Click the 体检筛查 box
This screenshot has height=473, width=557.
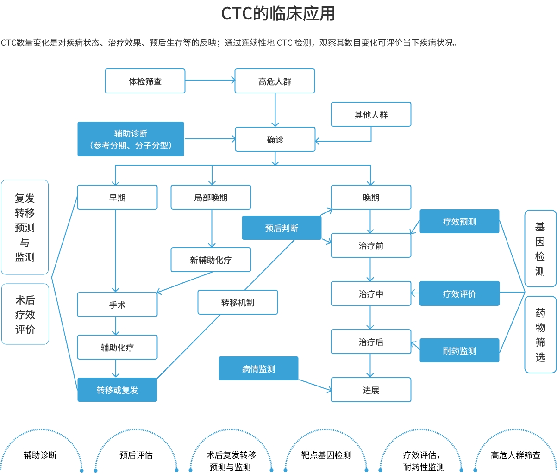point(145,81)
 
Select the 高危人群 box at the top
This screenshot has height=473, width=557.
point(275,81)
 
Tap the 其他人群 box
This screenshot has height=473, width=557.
point(371,115)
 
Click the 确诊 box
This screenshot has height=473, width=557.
point(275,140)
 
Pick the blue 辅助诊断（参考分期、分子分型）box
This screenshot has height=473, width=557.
point(131,139)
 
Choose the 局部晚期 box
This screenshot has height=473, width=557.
point(211,198)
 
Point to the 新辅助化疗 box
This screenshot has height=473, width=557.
point(211,260)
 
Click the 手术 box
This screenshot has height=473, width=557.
point(117,305)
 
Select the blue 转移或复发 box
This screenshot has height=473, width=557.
point(117,390)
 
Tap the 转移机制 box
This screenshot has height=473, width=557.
point(238,303)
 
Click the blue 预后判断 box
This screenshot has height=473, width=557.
point(282,228)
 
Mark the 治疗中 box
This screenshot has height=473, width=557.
point(371,294)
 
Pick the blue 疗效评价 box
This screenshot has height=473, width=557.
point(459,294)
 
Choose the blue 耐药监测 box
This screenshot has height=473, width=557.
point(459,351)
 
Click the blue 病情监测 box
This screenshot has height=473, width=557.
point(258,369)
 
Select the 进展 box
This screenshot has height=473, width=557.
point(371,390)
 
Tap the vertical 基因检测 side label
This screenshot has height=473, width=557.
point(540,249)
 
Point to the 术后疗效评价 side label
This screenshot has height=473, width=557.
point(25,315)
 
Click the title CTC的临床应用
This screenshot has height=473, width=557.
point(278,14)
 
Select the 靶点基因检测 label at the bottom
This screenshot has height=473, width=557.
point(326,455)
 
